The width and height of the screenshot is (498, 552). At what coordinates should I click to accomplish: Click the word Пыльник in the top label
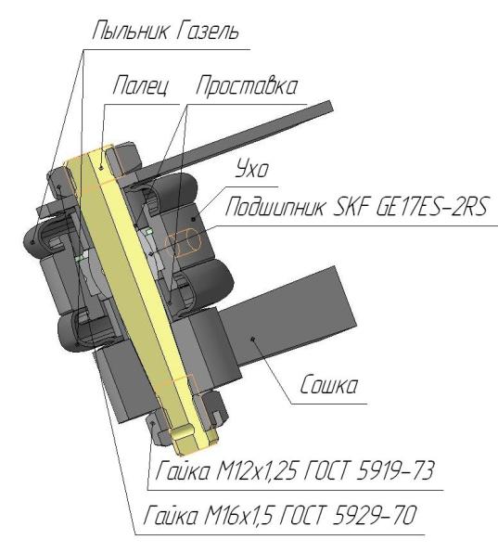(130, 31)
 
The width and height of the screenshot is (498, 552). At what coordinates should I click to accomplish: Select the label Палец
(141, 85)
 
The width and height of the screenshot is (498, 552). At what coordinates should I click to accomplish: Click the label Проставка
(247, 85)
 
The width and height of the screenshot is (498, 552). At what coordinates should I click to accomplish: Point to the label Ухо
(251, 169)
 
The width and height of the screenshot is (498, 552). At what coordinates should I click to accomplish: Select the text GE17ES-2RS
(432, 206)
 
